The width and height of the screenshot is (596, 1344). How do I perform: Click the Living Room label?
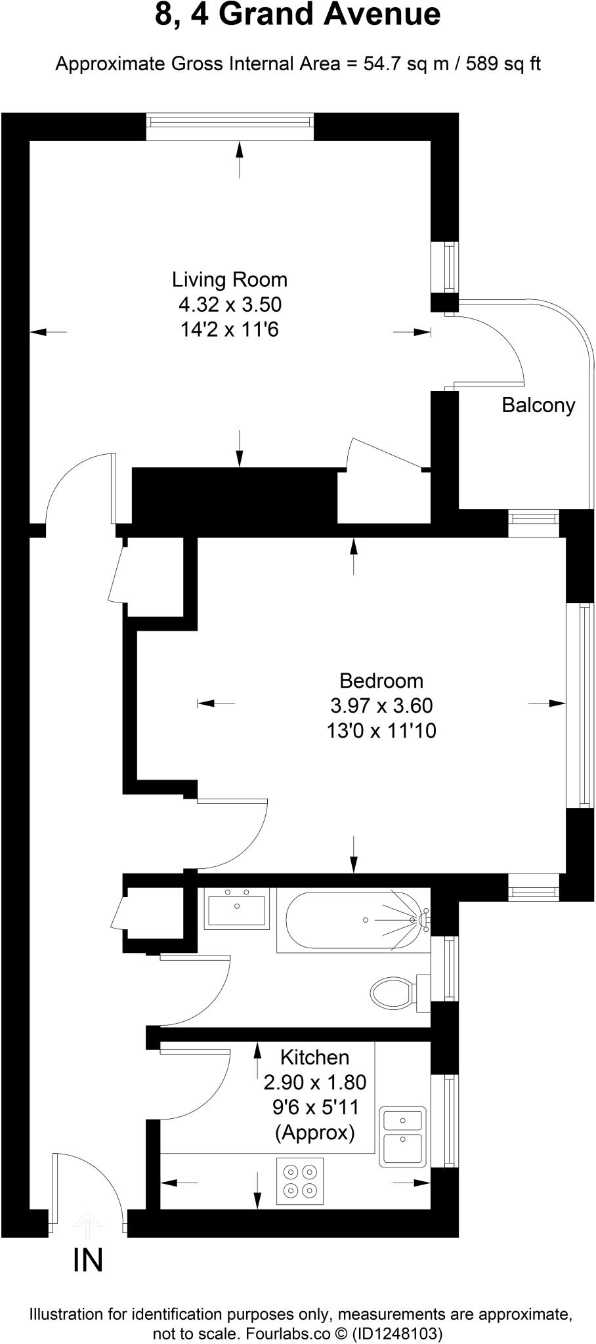click(230, 280)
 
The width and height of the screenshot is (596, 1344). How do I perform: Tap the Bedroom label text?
click(381, 681)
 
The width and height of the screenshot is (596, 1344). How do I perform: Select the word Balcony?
click(538, 405)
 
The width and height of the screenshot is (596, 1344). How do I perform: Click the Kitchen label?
click(314, 1057)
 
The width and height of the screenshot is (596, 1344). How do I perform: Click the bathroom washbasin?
click(236, 908)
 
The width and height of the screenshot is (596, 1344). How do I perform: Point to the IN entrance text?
click(88, 1261)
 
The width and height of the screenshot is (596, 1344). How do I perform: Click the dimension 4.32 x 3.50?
click(230, 304)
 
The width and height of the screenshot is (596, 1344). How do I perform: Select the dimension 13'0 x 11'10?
click(381, 730)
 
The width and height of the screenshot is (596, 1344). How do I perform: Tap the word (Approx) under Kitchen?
click(315, 1132)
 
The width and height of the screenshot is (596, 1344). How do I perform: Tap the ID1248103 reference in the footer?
click(397, 1333)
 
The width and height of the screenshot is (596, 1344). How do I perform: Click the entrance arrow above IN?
click(88, 1223)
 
